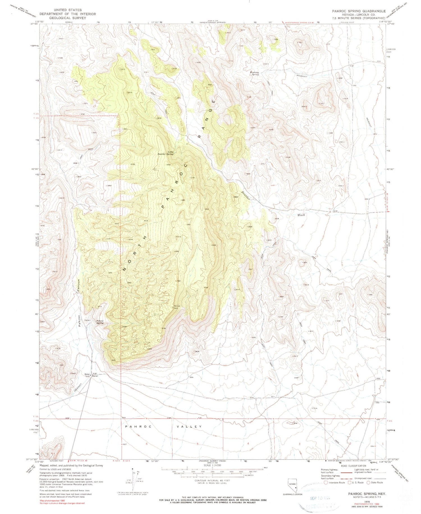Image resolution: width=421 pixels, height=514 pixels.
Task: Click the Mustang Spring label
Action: [254, 73]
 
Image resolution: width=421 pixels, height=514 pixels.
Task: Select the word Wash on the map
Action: [301, 215]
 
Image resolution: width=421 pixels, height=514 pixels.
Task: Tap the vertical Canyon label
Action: [79, 286]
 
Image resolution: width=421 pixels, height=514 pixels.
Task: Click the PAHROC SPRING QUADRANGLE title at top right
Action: [358, 11]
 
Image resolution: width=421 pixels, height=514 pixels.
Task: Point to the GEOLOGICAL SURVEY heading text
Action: [67, 17]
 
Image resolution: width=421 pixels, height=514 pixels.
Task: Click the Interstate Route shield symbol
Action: [326, 482]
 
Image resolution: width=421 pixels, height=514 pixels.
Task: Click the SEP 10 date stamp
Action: [316, 498]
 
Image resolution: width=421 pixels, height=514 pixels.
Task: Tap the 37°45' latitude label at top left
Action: [34, 24]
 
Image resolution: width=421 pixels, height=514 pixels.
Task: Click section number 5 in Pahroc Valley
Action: [198, 444]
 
